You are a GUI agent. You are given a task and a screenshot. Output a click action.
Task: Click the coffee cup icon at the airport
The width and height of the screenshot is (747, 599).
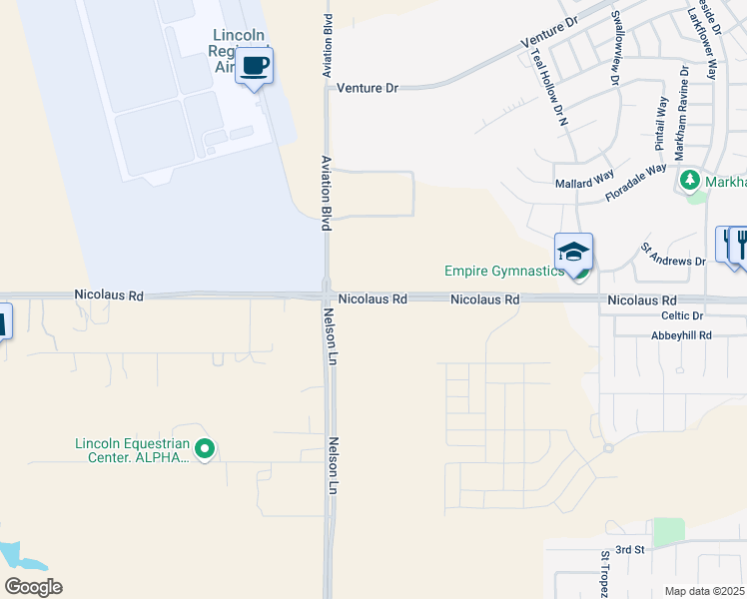[x=255, y=66]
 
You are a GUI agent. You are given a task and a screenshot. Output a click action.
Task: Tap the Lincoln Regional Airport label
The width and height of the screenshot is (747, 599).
[x=238, y=51]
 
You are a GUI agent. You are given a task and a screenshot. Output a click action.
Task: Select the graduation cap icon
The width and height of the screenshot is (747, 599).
[x=574, y=252]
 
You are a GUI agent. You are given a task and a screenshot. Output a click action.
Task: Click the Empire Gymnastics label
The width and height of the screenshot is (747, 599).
[x=504, y=271]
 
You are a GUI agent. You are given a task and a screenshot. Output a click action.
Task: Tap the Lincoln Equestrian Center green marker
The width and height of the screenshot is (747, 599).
[x=205, y=450]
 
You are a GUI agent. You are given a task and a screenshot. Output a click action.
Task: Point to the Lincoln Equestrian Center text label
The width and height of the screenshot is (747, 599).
[x=132, y=451]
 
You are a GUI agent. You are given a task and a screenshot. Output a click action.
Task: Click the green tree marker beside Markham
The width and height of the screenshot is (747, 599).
[x=689, y=181]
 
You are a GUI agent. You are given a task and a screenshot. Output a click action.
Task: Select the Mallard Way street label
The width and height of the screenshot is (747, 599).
[x=584, y=184]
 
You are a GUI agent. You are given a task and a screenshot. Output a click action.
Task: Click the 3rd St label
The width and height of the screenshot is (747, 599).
[x=630, y=550]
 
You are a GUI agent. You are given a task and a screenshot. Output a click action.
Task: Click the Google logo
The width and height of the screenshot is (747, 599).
[x=33, y=587]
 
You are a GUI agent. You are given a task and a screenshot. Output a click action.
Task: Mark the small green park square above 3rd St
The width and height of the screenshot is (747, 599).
[x=669, y=532]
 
